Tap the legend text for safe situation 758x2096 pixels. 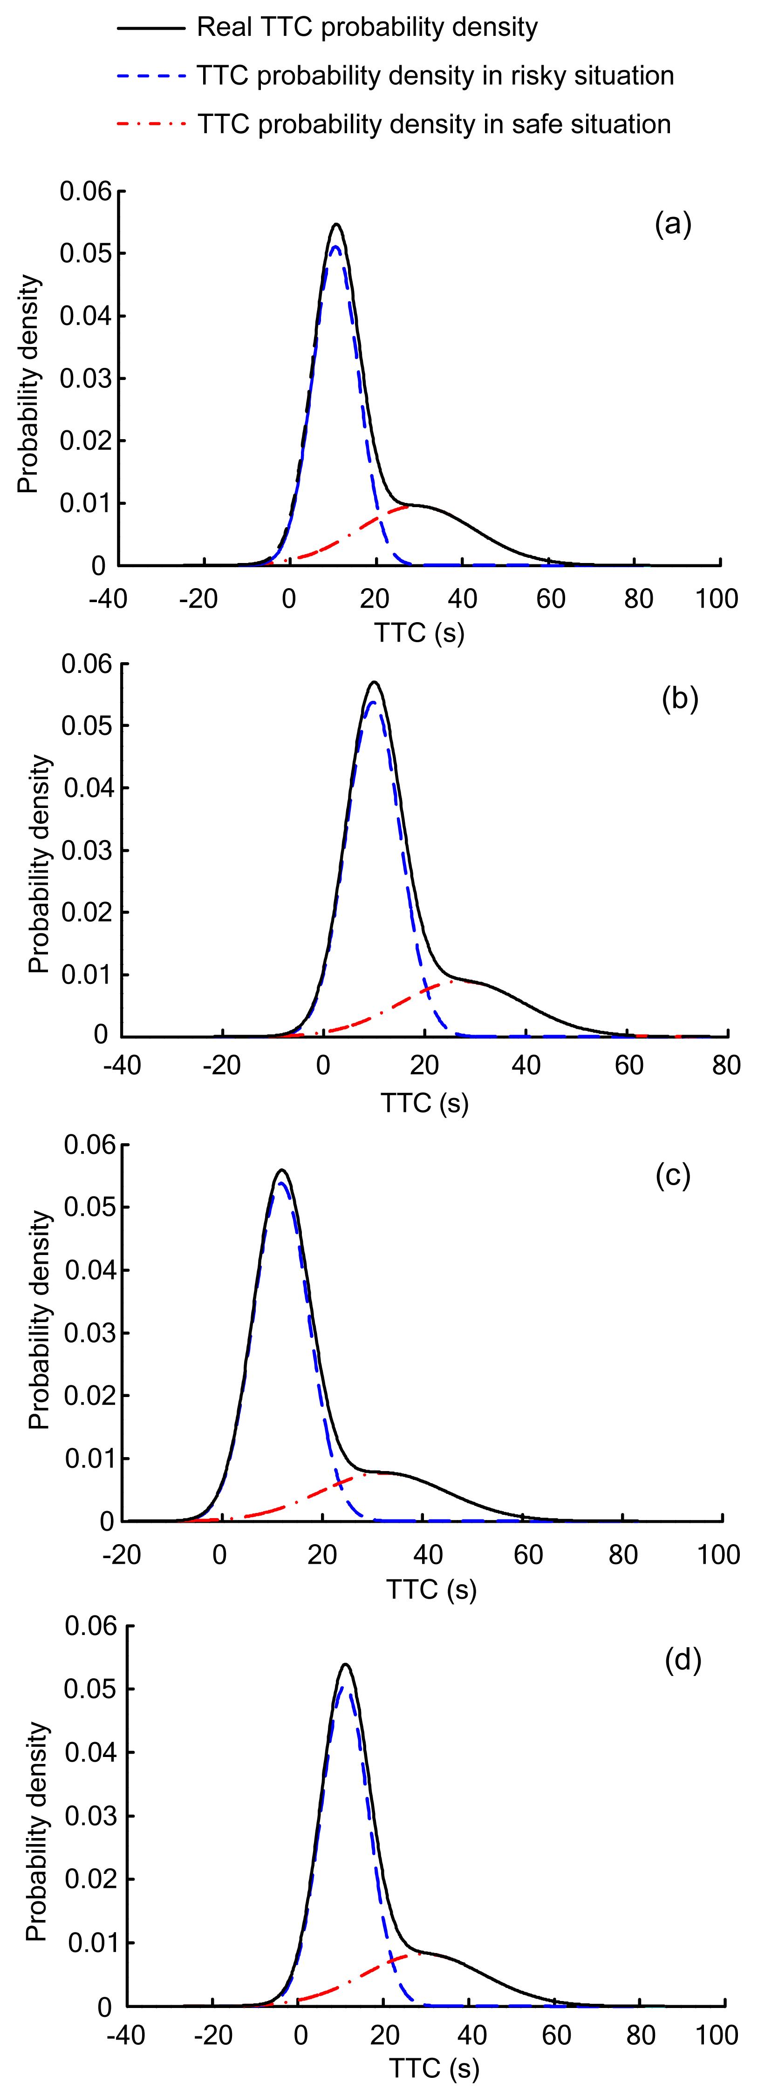434,124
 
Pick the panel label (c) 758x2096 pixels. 673,1176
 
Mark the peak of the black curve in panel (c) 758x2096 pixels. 282,1170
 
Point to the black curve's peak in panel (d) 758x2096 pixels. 345,1665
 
